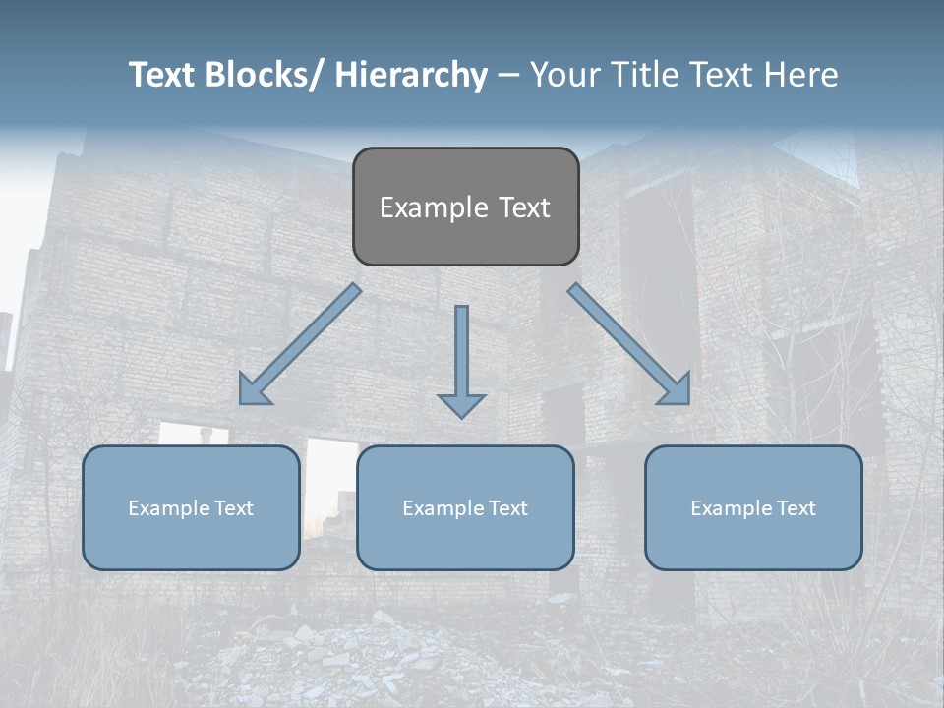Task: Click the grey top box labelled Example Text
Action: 465,206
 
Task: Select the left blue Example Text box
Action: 191,507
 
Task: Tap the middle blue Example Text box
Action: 465,507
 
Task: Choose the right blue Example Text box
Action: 753,507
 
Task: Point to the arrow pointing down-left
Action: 300,344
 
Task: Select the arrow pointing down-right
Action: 629,344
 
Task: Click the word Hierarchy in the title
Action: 411,75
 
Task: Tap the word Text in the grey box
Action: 524,207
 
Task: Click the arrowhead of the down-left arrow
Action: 252,391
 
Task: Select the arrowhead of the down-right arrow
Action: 677,391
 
